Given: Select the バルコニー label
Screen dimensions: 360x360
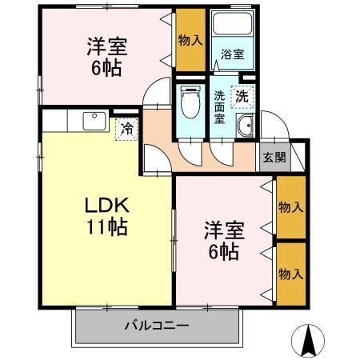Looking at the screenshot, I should point(156,326).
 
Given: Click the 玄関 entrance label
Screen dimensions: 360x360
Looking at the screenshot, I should point(274,158).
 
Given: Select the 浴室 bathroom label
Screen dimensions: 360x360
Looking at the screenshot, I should point(233,54).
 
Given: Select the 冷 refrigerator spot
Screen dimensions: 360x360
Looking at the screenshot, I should point(126,128).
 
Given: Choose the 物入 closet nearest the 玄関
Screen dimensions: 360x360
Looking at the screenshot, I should point(290,207).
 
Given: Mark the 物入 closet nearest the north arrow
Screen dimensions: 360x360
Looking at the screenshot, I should point(290,274).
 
